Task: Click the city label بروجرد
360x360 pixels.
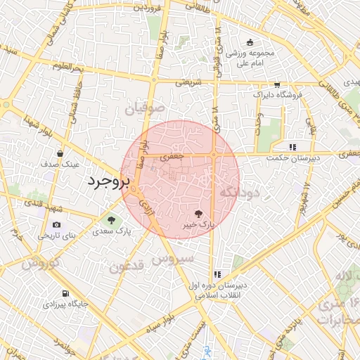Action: pos(109,181)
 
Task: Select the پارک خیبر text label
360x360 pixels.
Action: pos(200,224)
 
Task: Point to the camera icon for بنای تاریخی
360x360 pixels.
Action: pos(56,224)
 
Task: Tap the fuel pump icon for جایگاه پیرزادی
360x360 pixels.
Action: pos(65,294)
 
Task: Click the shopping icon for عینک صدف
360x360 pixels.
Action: pos(60,153)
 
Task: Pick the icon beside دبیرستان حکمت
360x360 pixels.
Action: pos(292,147)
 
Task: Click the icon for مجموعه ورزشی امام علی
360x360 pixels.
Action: pos(250,42)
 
